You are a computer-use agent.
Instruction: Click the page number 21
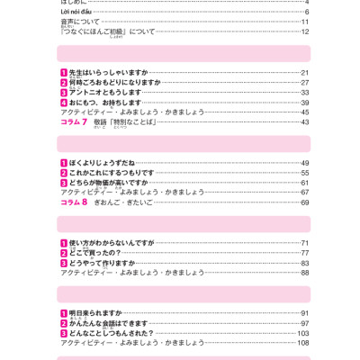[304, 73]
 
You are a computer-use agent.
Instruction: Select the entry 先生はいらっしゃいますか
[108, 73]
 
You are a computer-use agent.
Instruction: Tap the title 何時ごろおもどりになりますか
[114, 83]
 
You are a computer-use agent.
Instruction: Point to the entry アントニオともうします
[105, 93]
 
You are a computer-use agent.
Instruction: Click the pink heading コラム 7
[74, 122]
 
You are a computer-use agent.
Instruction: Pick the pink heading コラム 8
[74, 202]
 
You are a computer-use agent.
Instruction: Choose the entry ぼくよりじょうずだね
[102, 163]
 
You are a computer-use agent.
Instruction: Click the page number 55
[304, 173]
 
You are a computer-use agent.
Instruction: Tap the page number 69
[304, 202]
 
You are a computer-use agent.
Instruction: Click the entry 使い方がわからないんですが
[112, 243]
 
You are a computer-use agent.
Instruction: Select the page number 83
[304, 263]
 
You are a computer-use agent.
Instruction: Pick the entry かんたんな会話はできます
[108, 323]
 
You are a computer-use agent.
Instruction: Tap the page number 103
[303, 333]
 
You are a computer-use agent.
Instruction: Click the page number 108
[303, 343]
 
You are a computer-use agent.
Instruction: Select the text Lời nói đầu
[82, 12]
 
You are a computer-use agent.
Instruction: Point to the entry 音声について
[80, 22]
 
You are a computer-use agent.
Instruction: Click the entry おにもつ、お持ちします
[105, 103]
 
